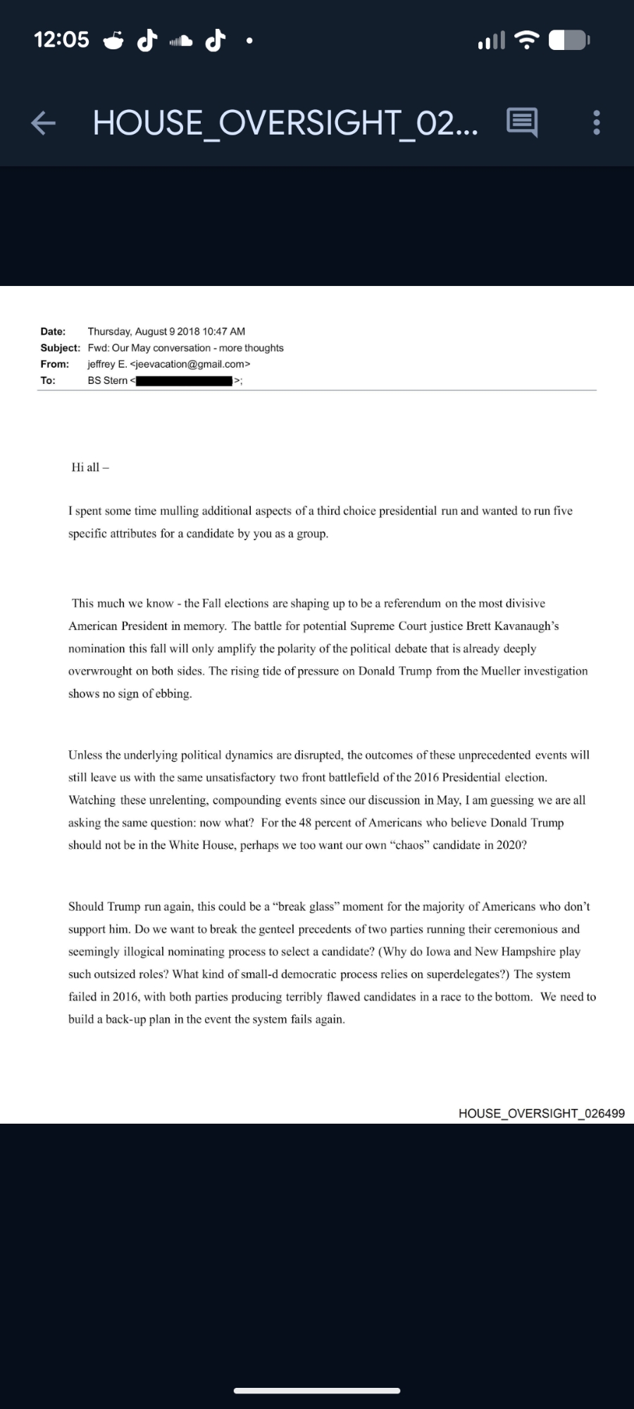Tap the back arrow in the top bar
43,123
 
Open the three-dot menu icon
597,123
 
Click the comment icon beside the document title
522,123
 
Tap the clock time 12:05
61,39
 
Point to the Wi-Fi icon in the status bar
526,40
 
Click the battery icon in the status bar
569,40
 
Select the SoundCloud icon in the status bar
180,41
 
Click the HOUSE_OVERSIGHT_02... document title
285,123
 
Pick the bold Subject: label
60,348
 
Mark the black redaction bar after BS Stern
184,381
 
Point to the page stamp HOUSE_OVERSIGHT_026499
541,1113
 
